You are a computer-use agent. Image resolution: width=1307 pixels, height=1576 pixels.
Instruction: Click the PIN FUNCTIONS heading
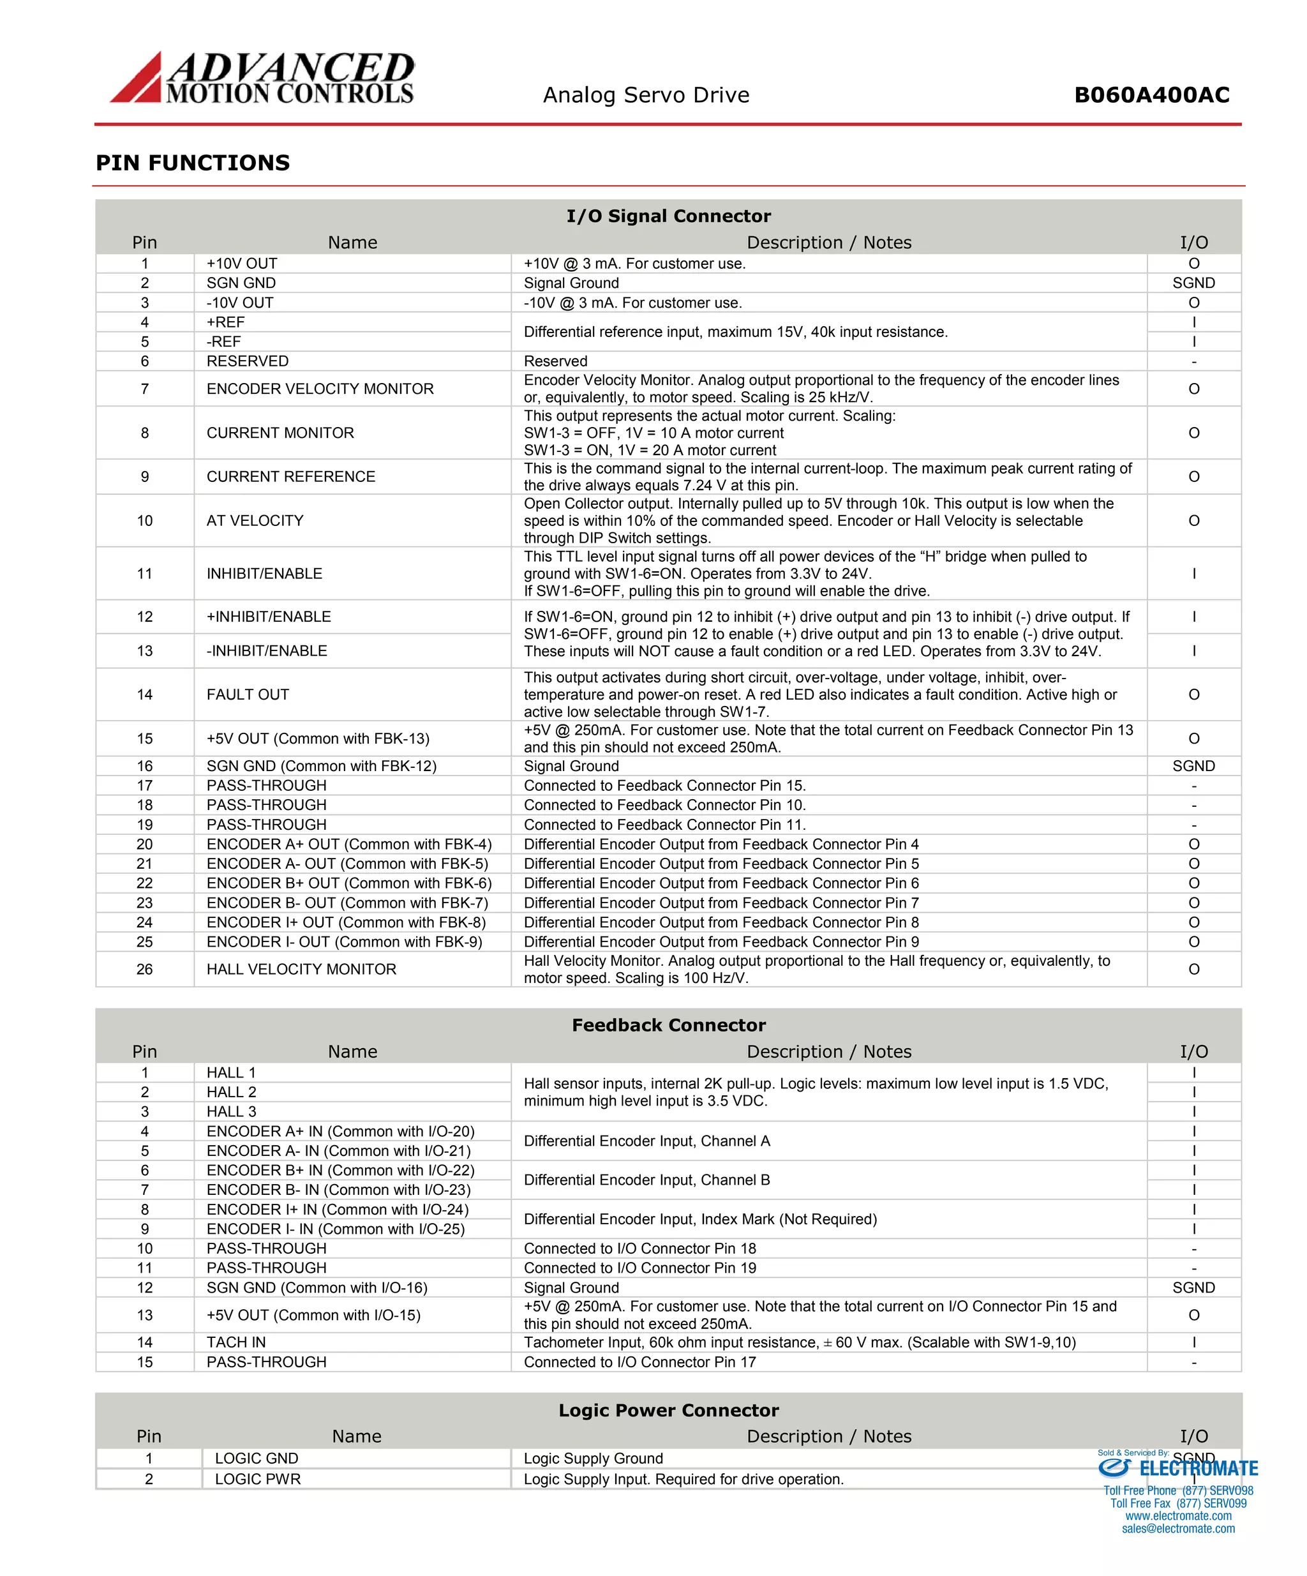click(193, 163)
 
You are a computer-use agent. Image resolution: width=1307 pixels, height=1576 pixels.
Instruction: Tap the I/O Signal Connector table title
click(668, 216)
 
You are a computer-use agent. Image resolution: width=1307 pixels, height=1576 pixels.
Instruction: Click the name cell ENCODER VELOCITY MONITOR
click(320, 389)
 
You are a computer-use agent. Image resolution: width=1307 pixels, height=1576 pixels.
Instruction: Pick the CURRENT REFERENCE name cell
click(290, 477)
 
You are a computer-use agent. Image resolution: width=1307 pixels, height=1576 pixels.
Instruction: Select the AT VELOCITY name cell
click(255, 521)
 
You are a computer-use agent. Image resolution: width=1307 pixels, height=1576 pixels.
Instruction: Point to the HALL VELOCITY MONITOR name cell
click(301, 970)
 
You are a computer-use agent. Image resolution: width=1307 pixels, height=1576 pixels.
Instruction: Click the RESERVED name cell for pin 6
click(247, 361)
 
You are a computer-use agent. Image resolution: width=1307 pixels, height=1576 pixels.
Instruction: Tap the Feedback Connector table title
click(668, 1025)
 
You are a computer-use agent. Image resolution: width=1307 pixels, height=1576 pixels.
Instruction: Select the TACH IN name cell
click(235, 1342)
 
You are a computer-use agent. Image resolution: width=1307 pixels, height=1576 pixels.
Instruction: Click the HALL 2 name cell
click(231, 1092)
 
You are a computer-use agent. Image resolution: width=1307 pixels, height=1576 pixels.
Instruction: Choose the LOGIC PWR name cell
click(257, 1478)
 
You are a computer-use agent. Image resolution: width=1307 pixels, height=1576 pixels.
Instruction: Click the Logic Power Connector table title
click(668, 1410)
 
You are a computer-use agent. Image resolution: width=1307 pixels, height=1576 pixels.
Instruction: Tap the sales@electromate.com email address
click(1177, 1529)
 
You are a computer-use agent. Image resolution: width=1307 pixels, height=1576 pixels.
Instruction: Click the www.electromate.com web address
click(1177, 1516)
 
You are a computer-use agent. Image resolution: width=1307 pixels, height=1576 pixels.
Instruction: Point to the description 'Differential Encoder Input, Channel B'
click(646, 1180)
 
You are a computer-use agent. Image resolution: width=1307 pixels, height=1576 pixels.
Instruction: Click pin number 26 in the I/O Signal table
click(145, 970)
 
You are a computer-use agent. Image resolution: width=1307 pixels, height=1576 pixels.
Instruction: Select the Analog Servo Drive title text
click(646, 95)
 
